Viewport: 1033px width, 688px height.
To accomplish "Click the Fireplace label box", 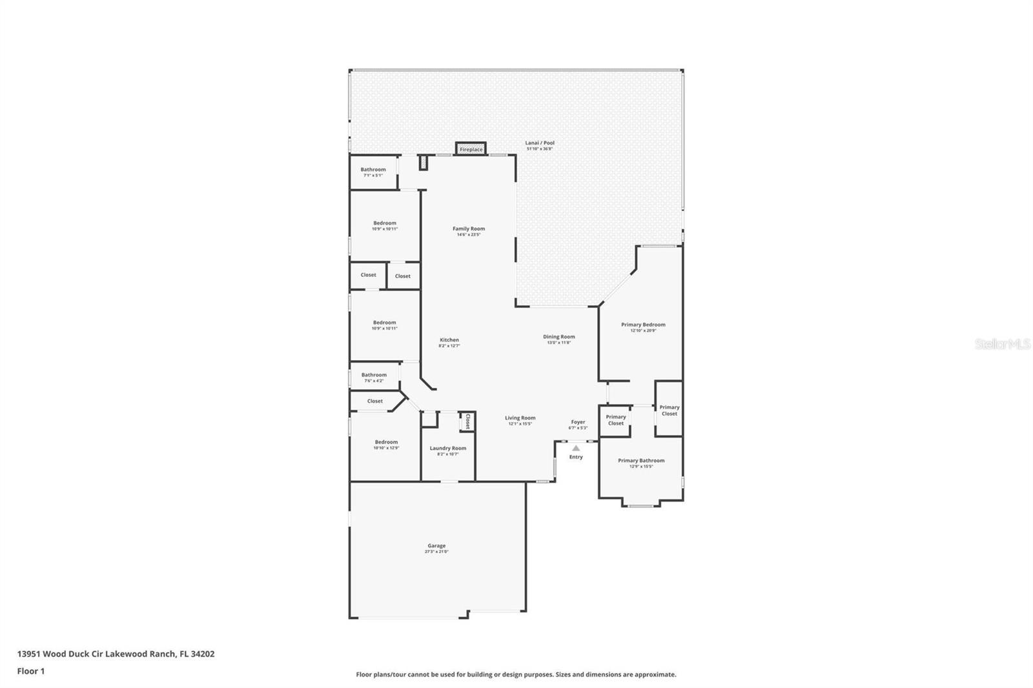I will [x=471, y=149].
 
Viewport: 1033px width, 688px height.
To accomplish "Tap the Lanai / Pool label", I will [x=540, y=143].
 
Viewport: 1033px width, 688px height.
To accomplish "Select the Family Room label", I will [x=469, y=229].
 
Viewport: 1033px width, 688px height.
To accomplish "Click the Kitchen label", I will [x=449, y=340].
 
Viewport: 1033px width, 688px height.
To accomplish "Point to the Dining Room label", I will [x=558, y=337].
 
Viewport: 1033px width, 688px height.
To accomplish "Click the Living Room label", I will [x=520, y=418].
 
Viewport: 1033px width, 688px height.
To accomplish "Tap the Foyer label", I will [x=578, y=423].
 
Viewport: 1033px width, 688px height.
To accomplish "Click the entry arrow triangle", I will [x=576, y=448].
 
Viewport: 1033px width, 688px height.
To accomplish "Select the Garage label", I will [x=436, y=546].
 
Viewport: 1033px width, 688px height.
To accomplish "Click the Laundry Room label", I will [x=448, y=449].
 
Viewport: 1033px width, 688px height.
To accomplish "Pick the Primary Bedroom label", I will [x=643, y=325].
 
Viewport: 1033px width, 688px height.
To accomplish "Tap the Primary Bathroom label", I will [x=641, y=461].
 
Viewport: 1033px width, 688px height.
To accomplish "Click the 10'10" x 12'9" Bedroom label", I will [x=386, y=443].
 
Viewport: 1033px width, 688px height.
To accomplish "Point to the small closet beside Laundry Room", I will [x=467, y=421].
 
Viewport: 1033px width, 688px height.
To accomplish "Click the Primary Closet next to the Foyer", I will [x=615, y=420].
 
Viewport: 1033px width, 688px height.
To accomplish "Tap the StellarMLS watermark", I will [x=1002, y=345].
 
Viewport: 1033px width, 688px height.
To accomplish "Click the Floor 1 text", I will [x=31, y=671].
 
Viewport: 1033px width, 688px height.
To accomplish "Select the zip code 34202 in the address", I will [x=203, y=654].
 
